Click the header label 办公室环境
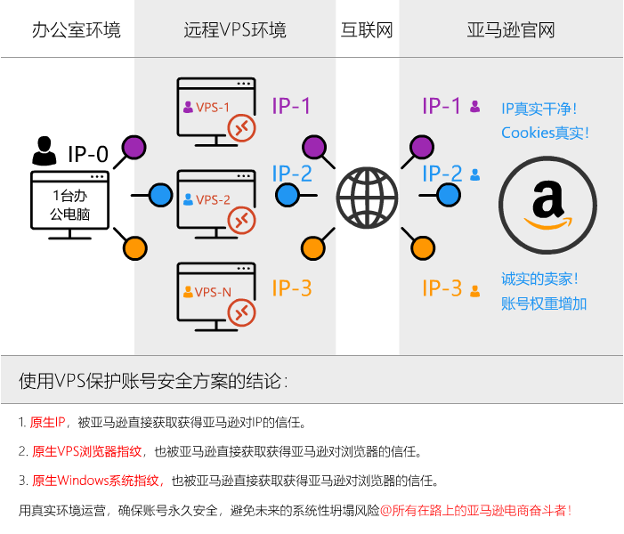(76, 30)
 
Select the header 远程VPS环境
(235, 30)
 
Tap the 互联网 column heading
(367, 30)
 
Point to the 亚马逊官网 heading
(511, 30)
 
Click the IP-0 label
(88, 154)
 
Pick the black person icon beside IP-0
(43, 151)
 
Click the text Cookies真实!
(545, 133)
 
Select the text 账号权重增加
(544, 303)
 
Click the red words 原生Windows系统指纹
(96, 481)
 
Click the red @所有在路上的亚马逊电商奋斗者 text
(475, 511)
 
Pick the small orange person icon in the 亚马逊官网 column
(475, 290)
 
